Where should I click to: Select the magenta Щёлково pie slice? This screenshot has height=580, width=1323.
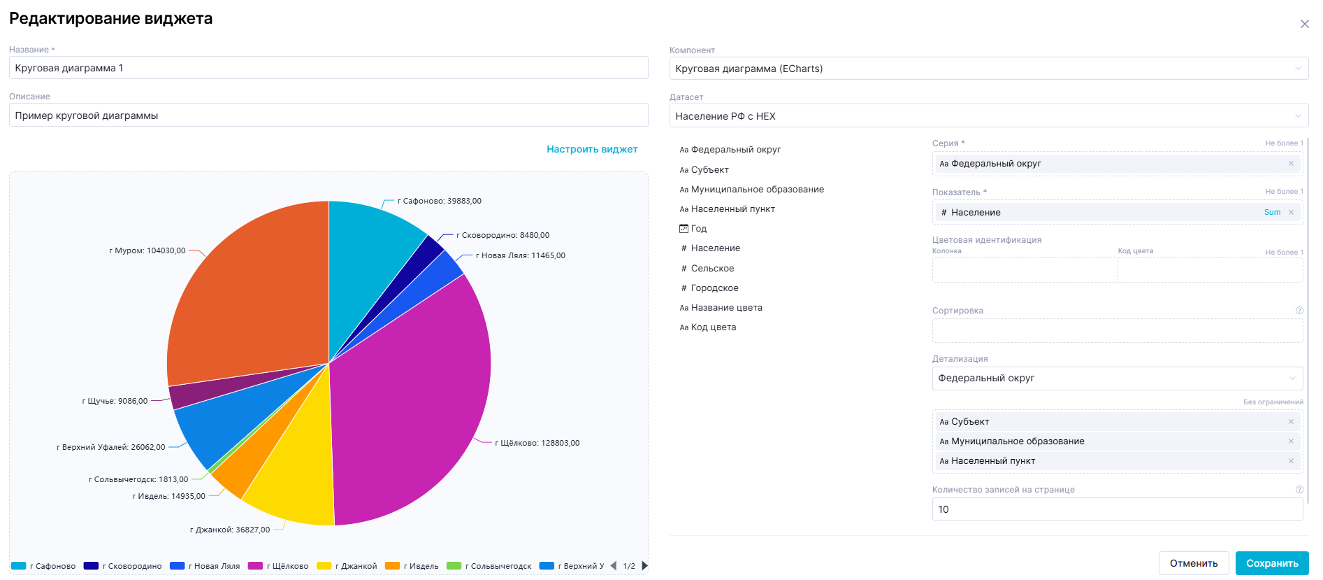click(412, 392)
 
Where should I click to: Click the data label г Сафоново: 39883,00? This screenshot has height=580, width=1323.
click(440, 201)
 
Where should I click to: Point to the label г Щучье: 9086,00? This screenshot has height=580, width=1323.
click(115, 401)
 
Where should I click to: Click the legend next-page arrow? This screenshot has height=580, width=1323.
click(645, 565)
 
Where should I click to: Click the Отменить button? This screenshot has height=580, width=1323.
click(1193, 563)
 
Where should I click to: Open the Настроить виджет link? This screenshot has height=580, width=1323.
click(592, 149)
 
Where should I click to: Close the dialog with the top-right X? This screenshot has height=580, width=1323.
click(1304, 24)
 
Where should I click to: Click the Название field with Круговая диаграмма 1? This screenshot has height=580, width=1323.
click(328, 68)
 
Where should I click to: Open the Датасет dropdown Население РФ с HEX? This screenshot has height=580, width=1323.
click(988, 116)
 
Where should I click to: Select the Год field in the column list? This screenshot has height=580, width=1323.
click(698, 229)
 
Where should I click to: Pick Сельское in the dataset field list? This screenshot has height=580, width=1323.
click(712, 269)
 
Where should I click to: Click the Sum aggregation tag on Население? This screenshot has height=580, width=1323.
click(1272, 213)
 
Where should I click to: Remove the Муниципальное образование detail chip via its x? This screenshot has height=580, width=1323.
click(1291, 441)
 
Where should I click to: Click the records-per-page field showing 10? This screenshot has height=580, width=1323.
click(1117, 509)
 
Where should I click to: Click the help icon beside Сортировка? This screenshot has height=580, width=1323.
click(1299, 311)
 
